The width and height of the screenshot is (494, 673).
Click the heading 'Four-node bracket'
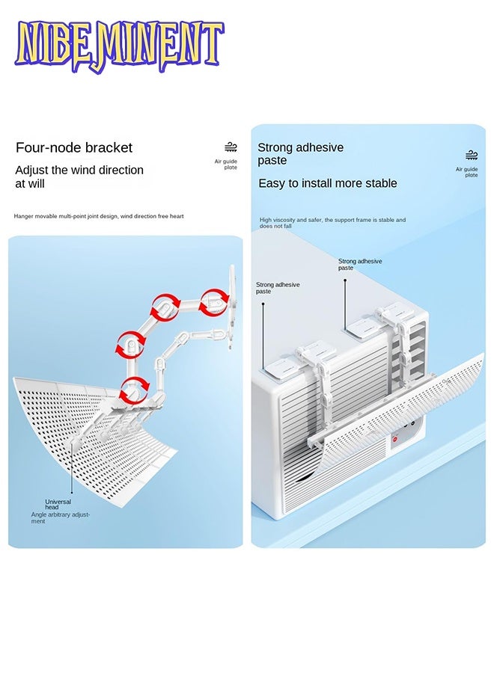(74, 147)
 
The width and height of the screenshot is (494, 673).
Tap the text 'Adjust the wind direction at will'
(79, 176)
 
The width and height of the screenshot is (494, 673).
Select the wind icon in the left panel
(231, 147)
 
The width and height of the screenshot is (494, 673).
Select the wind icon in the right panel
(472, 156)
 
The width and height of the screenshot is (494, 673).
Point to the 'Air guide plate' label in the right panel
(467, 172)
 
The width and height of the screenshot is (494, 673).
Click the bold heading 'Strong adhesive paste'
(300, 154)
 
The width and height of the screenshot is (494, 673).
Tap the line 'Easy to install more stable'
(328, 183)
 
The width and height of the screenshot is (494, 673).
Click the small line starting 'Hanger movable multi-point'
(99, 216)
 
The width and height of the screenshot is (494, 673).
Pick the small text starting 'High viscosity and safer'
(333, 223)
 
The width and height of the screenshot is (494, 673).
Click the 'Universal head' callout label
(58, 505)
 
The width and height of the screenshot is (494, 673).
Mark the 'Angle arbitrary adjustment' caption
(60, 517)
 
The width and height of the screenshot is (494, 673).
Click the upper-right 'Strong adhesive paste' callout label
(359, 264)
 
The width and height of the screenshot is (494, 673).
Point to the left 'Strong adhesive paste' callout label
(278, 288)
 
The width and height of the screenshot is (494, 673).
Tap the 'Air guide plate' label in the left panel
(226, 165)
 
